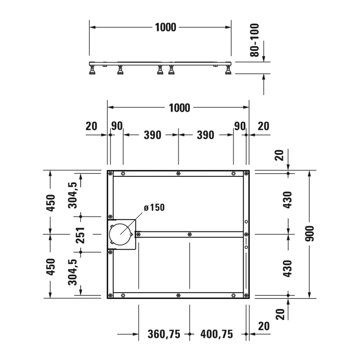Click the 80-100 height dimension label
coord(254,40)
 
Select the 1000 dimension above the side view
coord(166,27)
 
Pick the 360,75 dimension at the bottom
coord(164,335)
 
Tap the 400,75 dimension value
coord(217,335)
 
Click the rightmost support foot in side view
coord(227,71)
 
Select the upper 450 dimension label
coord(50,203)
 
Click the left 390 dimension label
coord(152,135)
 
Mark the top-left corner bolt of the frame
coord(111,173)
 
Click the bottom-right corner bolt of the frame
coord(246,295)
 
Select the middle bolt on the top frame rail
coord(178,173)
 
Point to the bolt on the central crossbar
coord(190,234)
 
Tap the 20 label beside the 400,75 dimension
coord(264,326)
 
